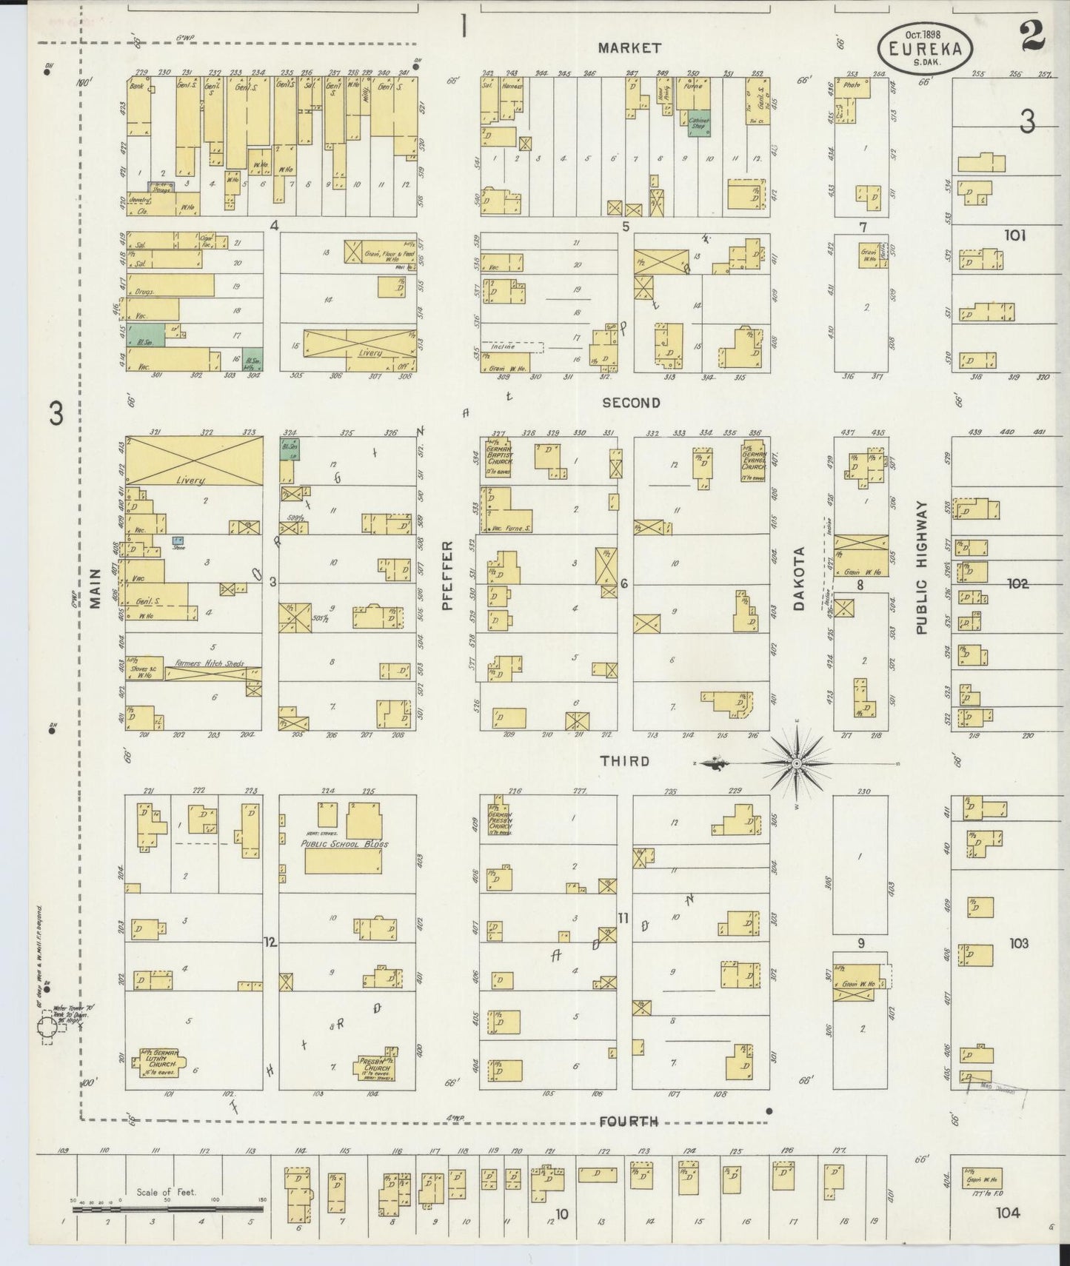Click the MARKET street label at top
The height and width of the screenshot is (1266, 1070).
(629, 48)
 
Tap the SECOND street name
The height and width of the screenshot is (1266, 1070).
(630, 403)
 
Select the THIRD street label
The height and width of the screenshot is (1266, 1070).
(624, 761)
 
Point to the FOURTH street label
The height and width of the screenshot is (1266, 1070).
(628, 1122)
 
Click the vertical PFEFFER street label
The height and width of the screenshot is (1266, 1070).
(447, 575)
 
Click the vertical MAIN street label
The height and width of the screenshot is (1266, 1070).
(96, 588)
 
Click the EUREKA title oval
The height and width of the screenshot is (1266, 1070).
(926, 48)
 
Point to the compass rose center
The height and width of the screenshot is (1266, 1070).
(796, 763)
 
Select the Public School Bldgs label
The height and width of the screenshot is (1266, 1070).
(344, 843)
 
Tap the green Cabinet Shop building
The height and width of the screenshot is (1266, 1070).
(698, 124)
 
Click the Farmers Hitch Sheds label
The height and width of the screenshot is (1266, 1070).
(210, 664)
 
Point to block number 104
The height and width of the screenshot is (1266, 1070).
(1007, 1212)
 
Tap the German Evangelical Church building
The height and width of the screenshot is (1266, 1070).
(752, 460)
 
